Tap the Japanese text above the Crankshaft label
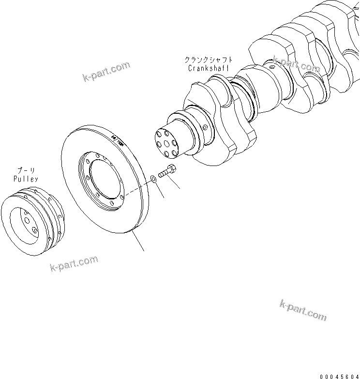[x=207, y=60]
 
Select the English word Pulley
[x=27, y=179]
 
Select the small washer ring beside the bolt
[x=152, y=179]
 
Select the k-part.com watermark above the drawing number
[x=303, y=310]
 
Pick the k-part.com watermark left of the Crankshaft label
[x=106, y=72]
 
